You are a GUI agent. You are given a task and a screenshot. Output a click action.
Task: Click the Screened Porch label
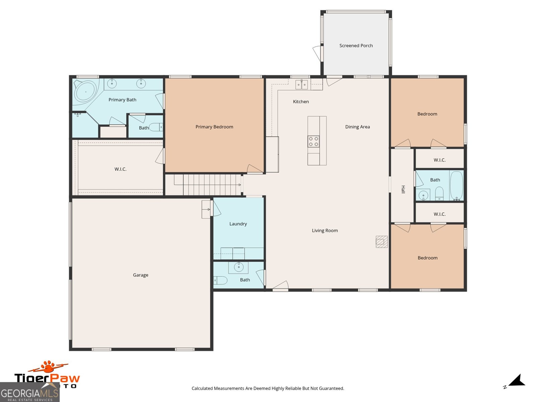[356, 46]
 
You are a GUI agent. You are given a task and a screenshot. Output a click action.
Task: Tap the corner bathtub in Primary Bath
[86, 91]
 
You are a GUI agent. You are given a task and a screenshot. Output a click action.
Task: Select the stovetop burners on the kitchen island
[314, 141]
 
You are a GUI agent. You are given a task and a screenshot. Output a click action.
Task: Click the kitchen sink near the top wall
[301, 84]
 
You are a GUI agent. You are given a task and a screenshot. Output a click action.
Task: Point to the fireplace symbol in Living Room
[382, 242]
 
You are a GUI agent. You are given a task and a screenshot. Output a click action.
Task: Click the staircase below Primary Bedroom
[208, 185]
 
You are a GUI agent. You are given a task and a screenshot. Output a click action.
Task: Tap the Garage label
[140, 275]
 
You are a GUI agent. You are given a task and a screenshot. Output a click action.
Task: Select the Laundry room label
[238, 224]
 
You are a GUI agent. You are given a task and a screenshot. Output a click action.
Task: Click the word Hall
[403, 189]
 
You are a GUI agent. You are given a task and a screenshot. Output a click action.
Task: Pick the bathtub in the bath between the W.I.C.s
[456, 185]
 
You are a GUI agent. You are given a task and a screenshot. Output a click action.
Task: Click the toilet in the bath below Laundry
[220, 280]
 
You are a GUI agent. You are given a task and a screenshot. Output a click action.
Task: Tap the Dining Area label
[357, 127]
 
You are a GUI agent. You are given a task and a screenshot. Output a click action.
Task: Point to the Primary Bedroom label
[214, 127]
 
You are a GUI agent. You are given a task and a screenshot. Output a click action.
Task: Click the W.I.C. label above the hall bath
[440, 160]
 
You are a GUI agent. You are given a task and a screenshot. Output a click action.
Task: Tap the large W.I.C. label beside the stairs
[120, 169]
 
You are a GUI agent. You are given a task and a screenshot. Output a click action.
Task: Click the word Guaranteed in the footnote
[332, 389]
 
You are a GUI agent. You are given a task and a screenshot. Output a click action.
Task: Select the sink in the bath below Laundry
[239, 267]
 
